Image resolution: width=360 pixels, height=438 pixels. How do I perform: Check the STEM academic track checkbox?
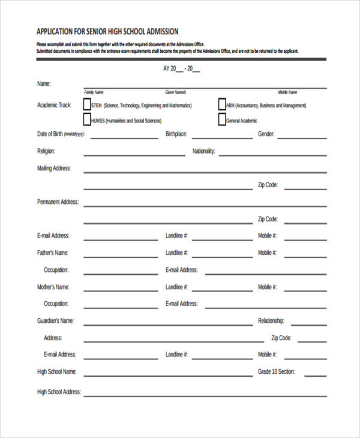click(87, 104)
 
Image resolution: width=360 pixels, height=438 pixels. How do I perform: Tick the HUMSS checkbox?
click(87, 120)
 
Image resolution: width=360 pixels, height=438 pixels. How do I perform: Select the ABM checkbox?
click(222, 104)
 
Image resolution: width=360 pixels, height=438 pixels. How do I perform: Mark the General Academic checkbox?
click(222, 120)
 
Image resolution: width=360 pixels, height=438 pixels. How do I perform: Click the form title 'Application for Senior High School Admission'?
click(107, 31)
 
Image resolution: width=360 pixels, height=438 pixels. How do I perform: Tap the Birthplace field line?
click(222, 137)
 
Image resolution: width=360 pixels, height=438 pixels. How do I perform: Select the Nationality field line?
click(272, 155)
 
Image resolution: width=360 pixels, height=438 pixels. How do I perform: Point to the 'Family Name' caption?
click(94, 92)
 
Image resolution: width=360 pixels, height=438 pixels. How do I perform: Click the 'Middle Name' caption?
click(287, 92)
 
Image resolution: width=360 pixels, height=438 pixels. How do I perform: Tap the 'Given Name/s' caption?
click(176, 92)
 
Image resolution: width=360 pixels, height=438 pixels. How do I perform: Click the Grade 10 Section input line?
click(316, 376)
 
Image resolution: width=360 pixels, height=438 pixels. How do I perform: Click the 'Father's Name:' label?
click(53, 253)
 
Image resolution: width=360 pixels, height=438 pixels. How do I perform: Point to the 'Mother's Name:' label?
click(53, 287)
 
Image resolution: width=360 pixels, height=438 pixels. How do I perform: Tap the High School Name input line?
click(168, 376)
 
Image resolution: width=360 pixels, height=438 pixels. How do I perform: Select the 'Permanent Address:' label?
click(58, 202)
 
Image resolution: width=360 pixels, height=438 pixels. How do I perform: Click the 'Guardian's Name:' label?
click(55, 321)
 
